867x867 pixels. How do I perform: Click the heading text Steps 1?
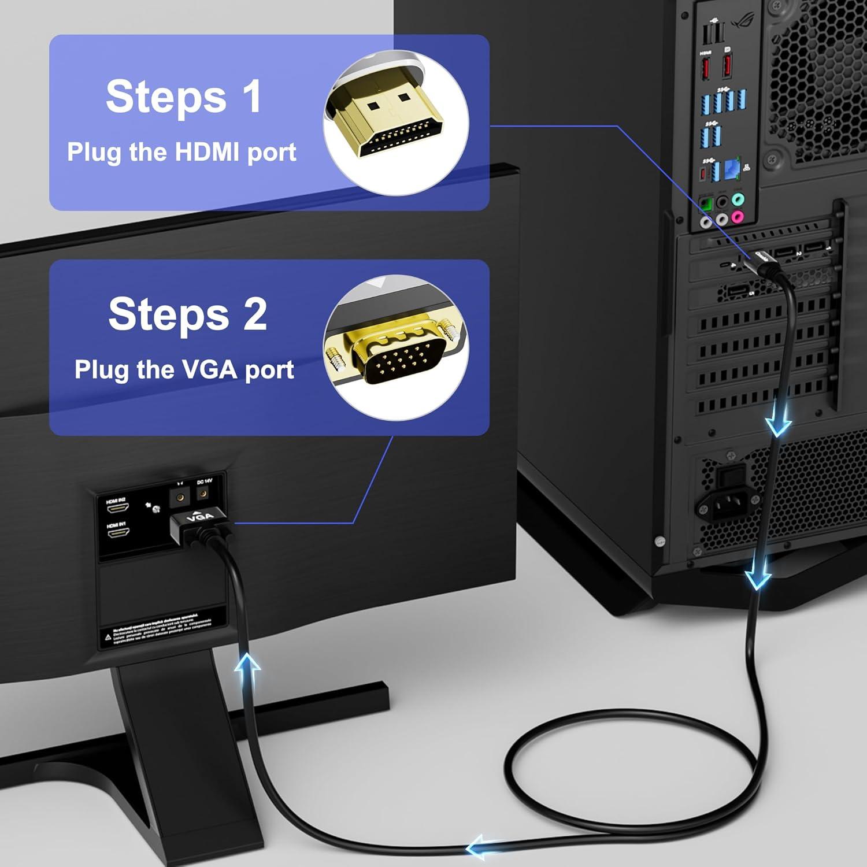pos(184,97)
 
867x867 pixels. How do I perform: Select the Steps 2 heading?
pos(187,314)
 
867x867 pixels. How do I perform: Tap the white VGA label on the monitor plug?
pos(200,517)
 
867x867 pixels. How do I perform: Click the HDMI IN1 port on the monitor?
pos(117,533)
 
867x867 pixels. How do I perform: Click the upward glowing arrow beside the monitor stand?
pos(248,670)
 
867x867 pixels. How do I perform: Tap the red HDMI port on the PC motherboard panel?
pos(705,70)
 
